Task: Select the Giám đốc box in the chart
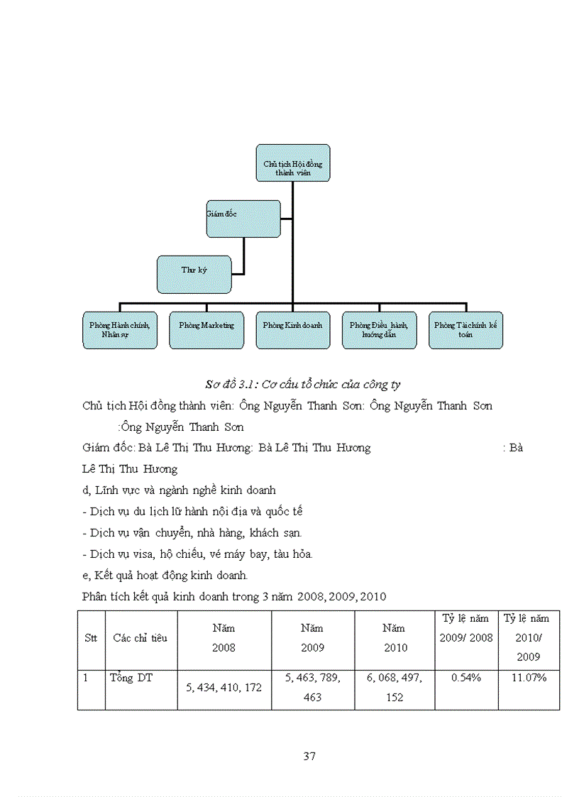click(x=243, y=219)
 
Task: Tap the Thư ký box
click(x=194, y=275)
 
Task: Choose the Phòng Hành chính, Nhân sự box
click(x=119, y=330)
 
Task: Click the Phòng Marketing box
click(x=206, y=330)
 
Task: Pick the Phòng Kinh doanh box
click(x=292, y=330)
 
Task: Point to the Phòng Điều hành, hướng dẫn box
click(x=379, y=330)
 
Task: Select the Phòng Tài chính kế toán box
click(x=465, y=330)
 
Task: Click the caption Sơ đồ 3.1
click(x=302, y=385)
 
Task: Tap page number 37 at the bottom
click(x=309, y=756)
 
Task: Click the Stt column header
click(x=91, y=638)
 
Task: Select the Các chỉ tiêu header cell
click(x=140, y=638)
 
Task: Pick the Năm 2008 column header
click(x=224, y=638)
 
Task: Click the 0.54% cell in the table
click(x=466, y=678)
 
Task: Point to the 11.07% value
click(x=529, y=678)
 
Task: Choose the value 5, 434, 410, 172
click(x=224, y=688)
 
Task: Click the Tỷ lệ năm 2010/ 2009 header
click(x=528, y=637)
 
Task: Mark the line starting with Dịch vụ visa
click(x=198, y=554)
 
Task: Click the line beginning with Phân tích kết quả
click(x=234, y=596)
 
